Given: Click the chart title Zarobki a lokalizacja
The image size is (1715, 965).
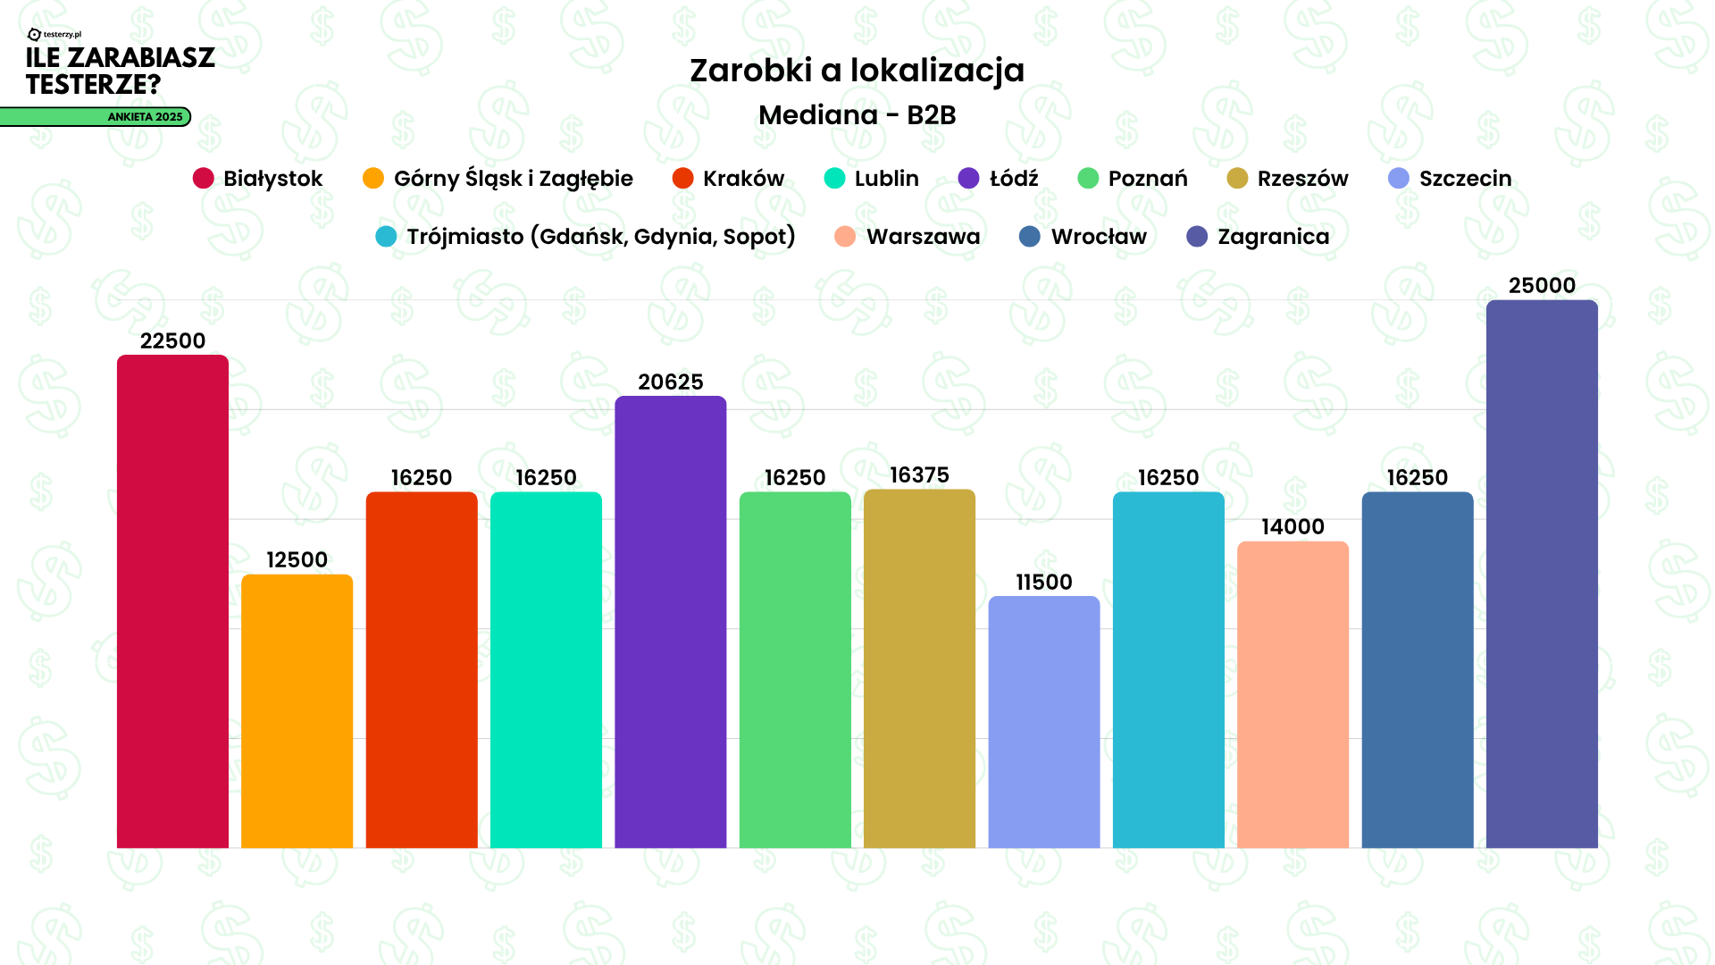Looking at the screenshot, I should coord(857,71).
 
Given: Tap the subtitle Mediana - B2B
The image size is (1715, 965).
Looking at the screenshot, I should coord(857,115).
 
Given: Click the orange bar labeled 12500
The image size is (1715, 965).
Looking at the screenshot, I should coord(297,711).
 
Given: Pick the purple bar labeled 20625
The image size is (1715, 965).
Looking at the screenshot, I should coord(670,622).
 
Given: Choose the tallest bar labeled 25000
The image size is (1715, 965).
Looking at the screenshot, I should coord(1542,574).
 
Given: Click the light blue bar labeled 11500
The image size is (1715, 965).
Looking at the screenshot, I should coord(1043,722).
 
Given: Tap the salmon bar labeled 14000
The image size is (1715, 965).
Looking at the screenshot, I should coord(1293,694).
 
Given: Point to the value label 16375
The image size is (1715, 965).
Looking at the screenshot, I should coord(919,475).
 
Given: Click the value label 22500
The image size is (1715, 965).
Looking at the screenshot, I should coord(172,341).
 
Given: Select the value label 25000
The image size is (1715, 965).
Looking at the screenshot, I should coord(1542,286).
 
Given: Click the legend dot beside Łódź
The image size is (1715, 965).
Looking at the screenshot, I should coord(968,179).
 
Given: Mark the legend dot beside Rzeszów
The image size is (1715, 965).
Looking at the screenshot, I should coord(1237,179).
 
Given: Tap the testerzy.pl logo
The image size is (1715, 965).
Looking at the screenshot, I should coord(55,35).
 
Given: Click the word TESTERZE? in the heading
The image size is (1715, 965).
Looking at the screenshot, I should coord(93,85).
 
